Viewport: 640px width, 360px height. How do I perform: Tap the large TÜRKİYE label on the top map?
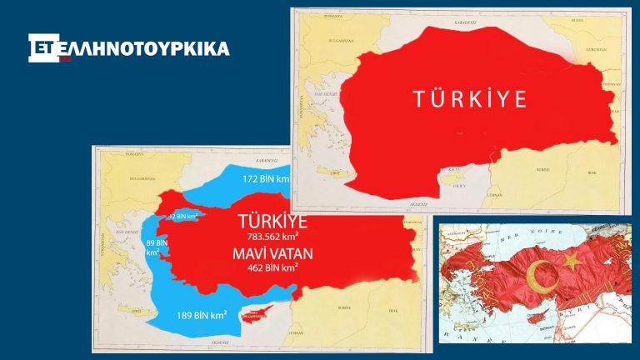(x=470, y=99)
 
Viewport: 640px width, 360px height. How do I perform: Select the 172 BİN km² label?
(x=265, y=179)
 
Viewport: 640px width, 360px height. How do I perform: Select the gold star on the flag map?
(x=572, y=262)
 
